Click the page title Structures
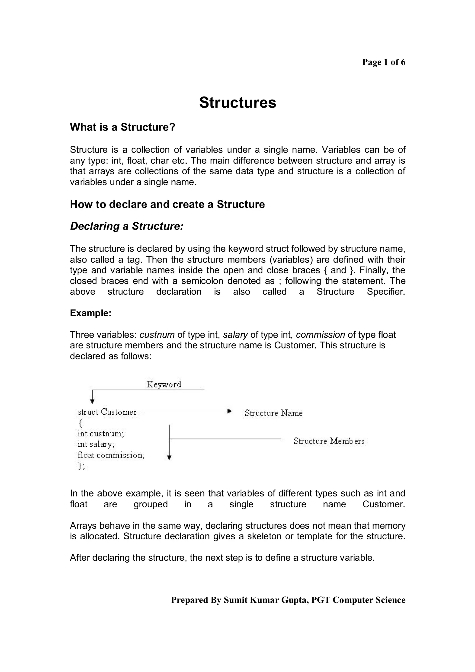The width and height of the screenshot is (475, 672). (x=237, y=103)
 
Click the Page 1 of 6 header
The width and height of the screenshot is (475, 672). (x=383, y=62)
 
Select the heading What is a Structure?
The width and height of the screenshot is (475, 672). (x=122, y=127)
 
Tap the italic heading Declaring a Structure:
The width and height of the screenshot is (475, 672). (x=126, y=226)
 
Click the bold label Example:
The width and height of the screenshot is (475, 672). (x=90, y=313)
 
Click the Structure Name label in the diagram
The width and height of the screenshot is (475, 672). (x=273, y=413)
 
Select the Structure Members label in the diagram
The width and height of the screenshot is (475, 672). (x=329, y=441)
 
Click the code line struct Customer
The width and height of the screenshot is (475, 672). (x=107, y=412)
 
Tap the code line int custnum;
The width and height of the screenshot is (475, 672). (x=101, y=433)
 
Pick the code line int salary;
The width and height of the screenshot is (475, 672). (x=96, y=444)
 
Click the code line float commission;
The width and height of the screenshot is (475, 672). (x=111, y=455)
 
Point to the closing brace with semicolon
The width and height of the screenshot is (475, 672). (x=81, y=466)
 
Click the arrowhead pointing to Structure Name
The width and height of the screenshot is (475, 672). (x=230, y=411)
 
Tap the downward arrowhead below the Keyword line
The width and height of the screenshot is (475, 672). (x=92, y=402)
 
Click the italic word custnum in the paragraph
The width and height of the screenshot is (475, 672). (x=157, y=335)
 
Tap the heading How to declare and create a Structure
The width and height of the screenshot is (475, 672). (x=167, y=204)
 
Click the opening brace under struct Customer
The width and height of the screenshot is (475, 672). (x=80, y=423)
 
